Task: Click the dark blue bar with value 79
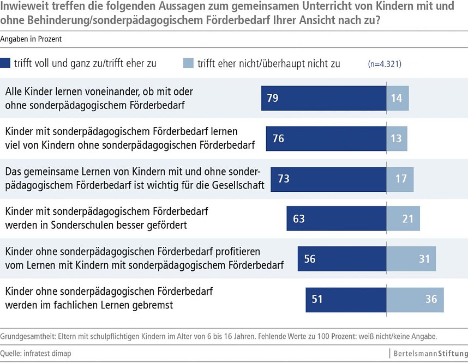pos(323,98)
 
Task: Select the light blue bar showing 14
pos(397,98)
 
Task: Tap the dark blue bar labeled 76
pos(326,138)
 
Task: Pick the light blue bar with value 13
pos(397,138)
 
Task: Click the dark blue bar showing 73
pos(328,179)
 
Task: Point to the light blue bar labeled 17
pos(400,179)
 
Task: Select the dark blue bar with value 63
pos(337,219)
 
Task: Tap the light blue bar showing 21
pos(403,219)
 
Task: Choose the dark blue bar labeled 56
pos(342,259)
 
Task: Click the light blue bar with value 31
pos(411,259)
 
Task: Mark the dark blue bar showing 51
pos(346,299)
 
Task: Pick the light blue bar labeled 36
pos(415,299)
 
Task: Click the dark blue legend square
pos(5,63)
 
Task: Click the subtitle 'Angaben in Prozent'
pos(31,39)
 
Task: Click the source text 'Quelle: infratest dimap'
pos(36,354)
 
